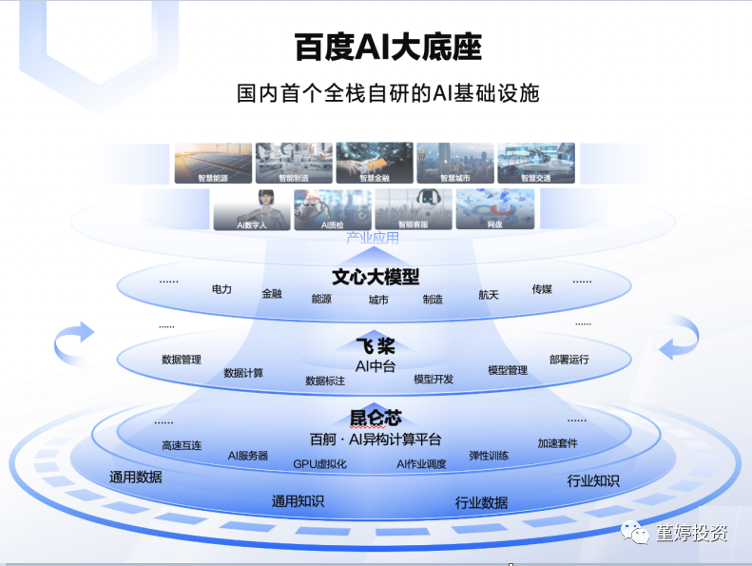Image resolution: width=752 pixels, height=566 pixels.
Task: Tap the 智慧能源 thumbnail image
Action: tap(212, 163)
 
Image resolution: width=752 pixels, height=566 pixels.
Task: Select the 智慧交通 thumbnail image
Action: tap(536, 163)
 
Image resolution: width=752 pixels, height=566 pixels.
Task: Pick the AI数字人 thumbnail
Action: tap(251, 209)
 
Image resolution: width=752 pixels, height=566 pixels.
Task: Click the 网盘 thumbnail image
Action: tap(494, 209)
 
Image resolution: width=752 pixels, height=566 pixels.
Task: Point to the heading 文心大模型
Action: tap(376, 277)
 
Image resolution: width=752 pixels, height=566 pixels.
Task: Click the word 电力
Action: tap(222, 289)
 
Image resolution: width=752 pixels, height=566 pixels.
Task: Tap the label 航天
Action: tap(488, 295)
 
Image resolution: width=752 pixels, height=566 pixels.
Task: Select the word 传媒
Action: tap(542, 289)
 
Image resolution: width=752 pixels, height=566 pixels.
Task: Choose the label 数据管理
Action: tap(182, 360)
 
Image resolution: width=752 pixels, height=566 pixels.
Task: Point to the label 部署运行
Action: tap(569, 359)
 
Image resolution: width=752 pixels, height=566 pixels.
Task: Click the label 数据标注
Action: tap(325, 381)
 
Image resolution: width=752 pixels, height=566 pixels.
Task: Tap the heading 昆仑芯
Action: tap(376, 417)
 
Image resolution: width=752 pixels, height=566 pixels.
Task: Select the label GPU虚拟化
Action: tap(319, 464)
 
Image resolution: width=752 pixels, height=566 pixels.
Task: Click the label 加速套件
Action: tap(557, 443)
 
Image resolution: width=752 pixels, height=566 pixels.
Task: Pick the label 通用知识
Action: tap(298, 500)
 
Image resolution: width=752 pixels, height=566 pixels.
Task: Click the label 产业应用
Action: tap(373, 237)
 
